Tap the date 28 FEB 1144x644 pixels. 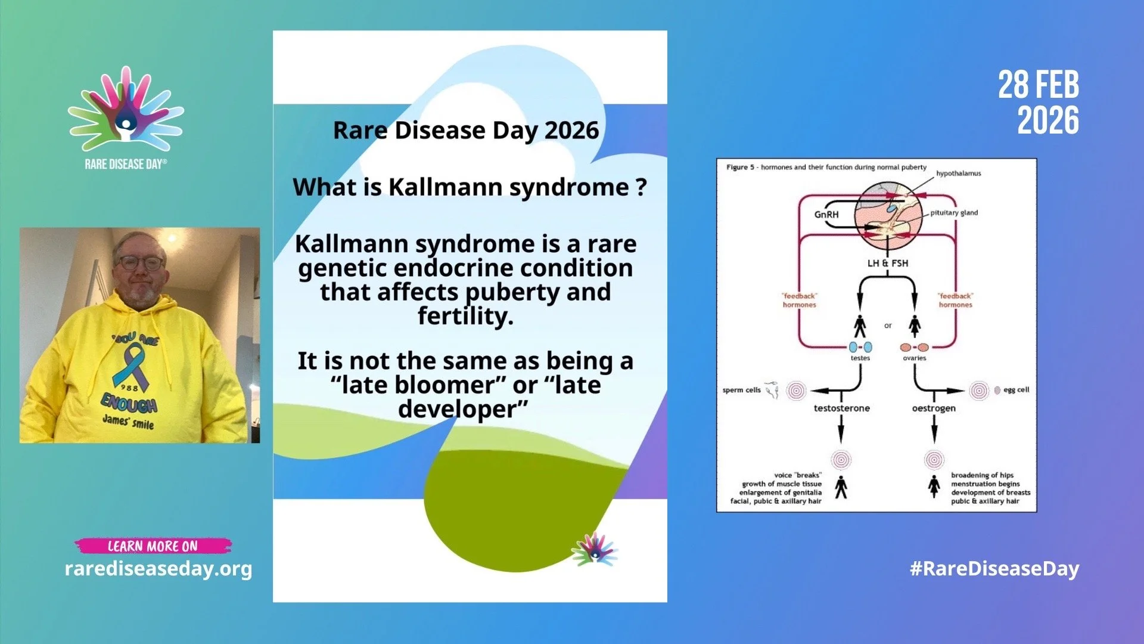[x=1038, y=85]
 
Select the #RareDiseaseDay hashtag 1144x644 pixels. [x=994, y=568]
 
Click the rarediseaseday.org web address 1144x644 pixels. [x=158, y=568]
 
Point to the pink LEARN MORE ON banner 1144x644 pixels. [x=153, y=546]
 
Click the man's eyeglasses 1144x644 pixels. [x=140, y=262]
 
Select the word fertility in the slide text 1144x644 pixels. [x=465, y=316]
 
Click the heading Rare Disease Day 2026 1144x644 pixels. [x=465, y=130]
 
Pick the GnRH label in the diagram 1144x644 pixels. [x=826, y=215]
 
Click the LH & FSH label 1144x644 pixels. [x=887, y=263]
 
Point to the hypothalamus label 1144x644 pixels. [x=958, y=174]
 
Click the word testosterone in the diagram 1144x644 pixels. [x=841, y=408]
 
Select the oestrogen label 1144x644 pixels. [x=933, y=408]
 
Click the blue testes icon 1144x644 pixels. [x=860, y=347]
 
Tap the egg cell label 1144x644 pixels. [x=1016, y=390]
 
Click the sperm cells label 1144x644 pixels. [x=741, y=390]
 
